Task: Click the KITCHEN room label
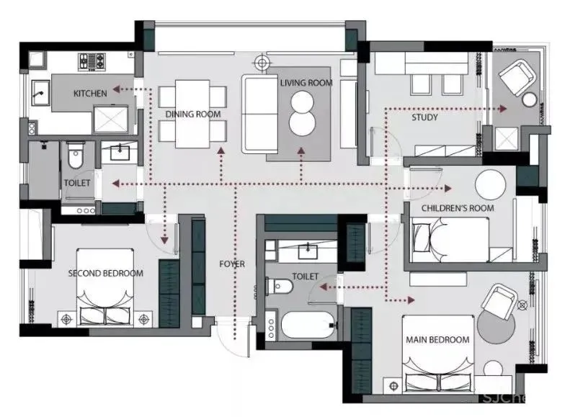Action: pos(90,94)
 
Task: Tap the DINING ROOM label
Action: pos(193,115)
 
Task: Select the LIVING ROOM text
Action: pos(306,84)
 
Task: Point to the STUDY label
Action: pos(425,117)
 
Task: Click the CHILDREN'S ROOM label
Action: pos(458,208)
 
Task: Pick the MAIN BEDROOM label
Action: pos(437,340)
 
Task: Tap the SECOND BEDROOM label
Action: pos(105,274)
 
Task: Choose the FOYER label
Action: pos(232,264)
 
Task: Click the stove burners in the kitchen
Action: pos(92,61)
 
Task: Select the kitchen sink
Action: pos(40,93)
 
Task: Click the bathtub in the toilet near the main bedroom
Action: pos(308,326)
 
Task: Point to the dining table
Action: pos(192,114)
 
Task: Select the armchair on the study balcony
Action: pos(516,78)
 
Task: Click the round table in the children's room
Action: pos(490,184)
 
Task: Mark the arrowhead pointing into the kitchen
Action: pos(116,89)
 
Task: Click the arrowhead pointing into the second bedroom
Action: pos(164,240)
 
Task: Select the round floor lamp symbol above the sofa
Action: pos(262,63)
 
